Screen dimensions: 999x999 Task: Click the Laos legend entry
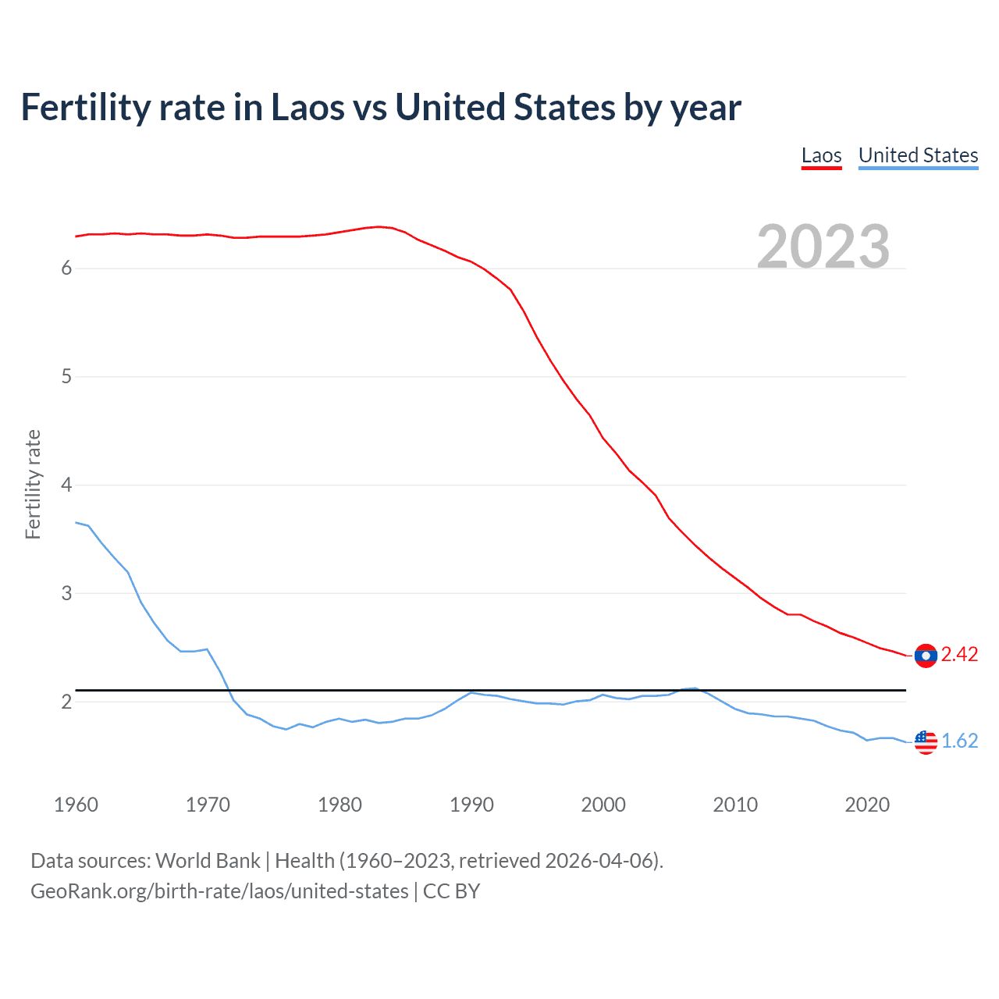point(821,155)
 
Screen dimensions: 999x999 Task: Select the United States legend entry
point(918,155)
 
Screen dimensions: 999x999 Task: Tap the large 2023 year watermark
point(823,247)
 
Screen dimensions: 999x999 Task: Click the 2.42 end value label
point(959,655)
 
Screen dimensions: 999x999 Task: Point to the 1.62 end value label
point(959,741)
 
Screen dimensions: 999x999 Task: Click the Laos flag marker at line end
point(926,656)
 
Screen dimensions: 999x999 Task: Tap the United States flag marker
point(926,741)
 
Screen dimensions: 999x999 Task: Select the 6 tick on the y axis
point(66,268)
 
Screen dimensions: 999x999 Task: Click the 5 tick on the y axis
point(66,377)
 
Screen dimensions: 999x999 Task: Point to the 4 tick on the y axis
point(66,485)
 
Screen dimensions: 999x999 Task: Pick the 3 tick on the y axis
point(66,593)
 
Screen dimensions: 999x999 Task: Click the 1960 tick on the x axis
point(76,805)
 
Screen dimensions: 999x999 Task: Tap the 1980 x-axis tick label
point(340,805)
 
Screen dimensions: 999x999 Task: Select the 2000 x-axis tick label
point(603,805)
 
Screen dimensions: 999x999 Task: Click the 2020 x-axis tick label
point(867,805)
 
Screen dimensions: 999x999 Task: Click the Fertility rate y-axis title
point(33,484)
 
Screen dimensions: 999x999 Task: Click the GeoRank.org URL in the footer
point(219,891)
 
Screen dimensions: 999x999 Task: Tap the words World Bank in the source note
point(208,861)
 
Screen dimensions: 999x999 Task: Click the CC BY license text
point(451,891)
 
